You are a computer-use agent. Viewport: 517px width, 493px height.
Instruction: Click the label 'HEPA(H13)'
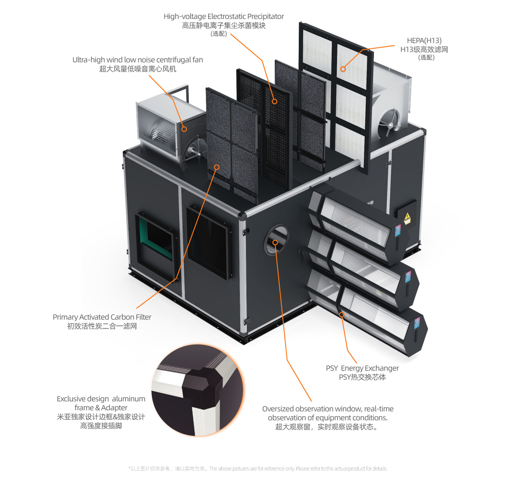(424, 41)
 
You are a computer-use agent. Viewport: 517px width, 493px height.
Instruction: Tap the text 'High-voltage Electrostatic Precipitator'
(224, 16)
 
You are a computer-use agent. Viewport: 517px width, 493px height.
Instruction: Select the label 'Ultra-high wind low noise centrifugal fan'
(138, 59)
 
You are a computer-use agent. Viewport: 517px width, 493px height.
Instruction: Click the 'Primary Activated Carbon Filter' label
(102, 317)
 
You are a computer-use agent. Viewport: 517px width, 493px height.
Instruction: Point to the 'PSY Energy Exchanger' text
(362, 368)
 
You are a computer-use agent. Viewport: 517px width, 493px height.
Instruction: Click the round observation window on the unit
(276, 240)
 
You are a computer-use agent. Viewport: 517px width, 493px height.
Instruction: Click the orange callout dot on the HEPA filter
(343, 69)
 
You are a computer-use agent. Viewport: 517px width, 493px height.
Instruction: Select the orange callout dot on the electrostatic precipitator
(274, 101)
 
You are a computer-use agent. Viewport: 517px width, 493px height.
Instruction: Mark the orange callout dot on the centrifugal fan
(184, 129)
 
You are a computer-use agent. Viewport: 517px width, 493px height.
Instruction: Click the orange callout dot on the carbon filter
(216, 167)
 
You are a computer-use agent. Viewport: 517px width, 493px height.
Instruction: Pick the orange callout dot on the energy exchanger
(341, 315)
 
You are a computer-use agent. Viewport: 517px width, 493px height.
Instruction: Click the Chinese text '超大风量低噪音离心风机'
(138, 69)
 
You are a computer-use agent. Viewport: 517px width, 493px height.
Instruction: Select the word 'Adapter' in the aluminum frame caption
(114, 408)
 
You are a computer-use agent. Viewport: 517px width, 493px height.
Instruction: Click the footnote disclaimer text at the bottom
(258, 468)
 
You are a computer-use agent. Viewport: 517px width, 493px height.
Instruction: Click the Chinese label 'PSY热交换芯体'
(362, 377)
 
